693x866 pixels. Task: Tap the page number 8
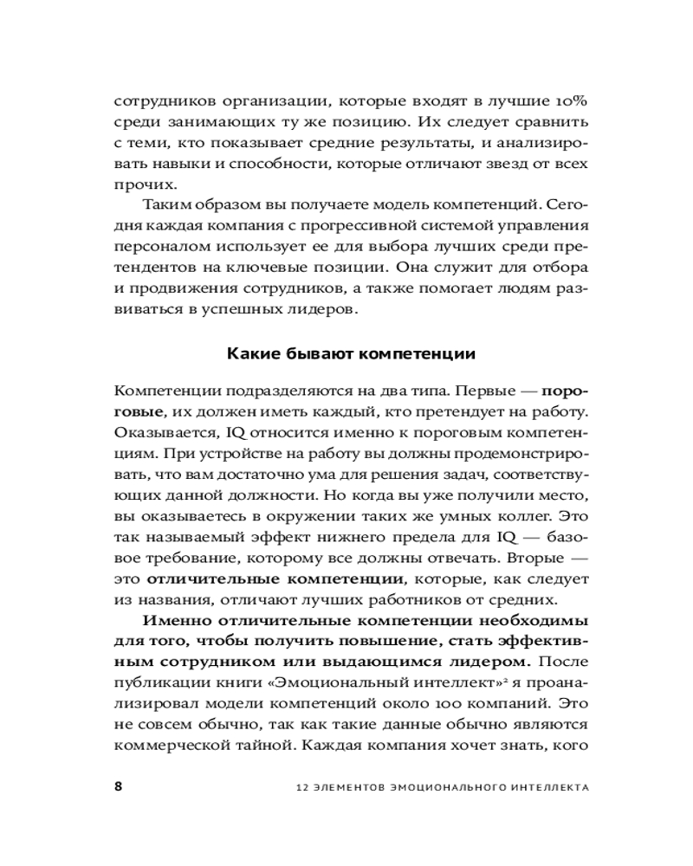(119, 786)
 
